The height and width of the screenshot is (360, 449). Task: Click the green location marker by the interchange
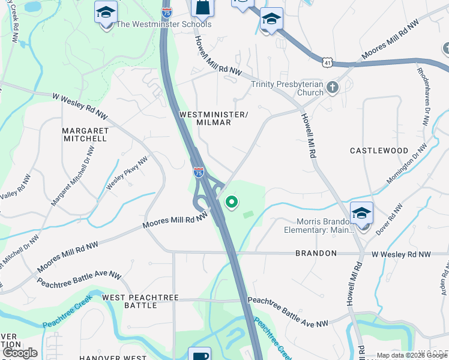231,203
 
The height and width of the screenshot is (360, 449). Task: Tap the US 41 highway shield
325,62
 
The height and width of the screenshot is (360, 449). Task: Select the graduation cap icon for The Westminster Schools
106,12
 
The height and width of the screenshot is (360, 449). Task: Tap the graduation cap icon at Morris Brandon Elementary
361,214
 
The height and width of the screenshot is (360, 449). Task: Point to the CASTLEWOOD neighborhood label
379,151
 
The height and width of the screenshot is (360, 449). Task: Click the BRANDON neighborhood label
316,254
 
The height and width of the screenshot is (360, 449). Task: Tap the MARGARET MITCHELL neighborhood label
85,134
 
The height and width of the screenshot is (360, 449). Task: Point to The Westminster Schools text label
163,25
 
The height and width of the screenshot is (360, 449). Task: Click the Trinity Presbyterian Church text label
287,88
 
